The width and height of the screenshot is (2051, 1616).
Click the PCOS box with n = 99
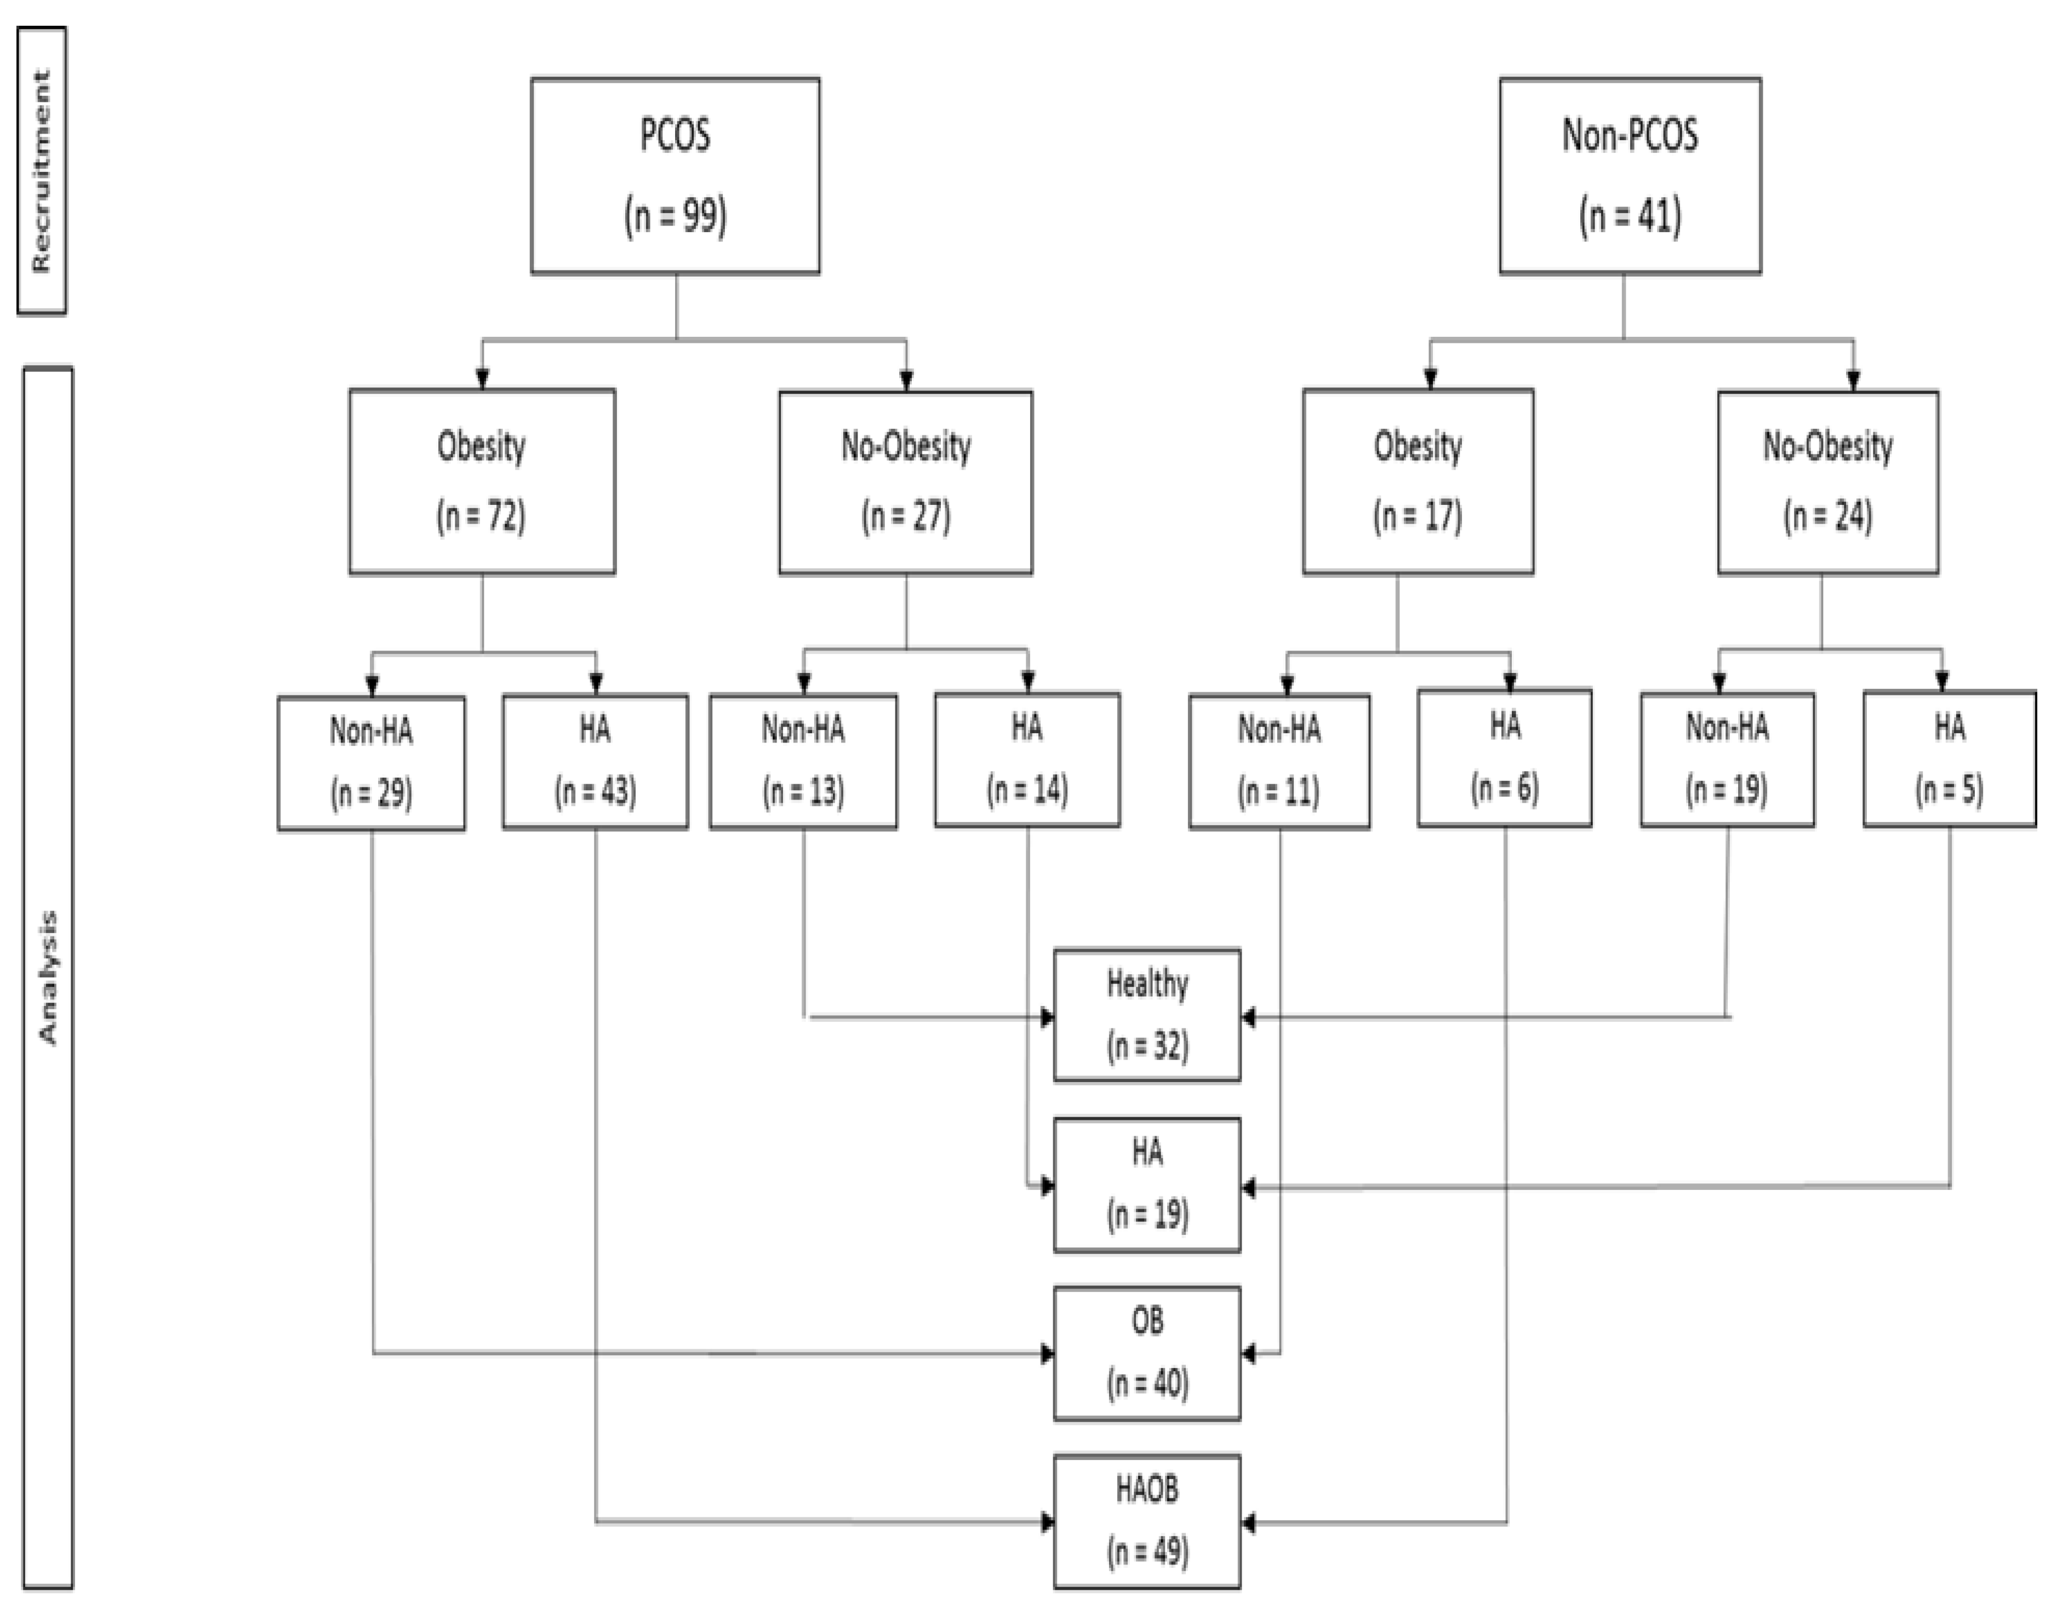(675, 176)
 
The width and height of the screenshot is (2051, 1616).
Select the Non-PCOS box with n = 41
(1630, 176)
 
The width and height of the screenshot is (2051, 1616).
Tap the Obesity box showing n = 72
(482, 481)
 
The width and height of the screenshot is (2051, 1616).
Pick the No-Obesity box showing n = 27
(906, 481)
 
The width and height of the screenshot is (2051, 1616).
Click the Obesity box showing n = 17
(1417, 481)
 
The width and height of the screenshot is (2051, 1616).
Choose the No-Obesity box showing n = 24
(1827, 481)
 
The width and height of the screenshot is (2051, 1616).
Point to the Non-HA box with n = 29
(371, 763)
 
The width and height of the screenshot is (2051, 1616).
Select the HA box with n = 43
(595, 762)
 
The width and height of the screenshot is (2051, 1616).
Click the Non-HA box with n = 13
(803, 762)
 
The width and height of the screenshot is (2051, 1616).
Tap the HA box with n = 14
(1027, 760)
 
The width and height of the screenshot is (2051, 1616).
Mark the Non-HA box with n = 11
(1279, 762)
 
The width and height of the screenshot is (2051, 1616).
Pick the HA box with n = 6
(1504, 758)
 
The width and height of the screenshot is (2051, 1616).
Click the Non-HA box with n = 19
(1727, 760)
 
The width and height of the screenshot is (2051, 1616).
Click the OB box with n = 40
(1147, 1353)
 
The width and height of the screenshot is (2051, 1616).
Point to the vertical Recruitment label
(42, 170)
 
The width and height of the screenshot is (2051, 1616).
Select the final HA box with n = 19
(1147, 1184)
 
